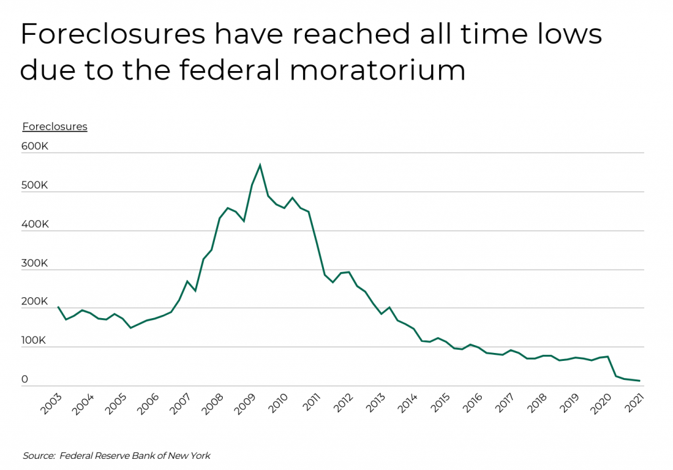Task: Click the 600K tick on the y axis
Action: (35, 147)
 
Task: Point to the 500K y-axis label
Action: (35, 185)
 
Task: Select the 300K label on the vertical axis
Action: (35, 263)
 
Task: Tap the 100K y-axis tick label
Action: (35, 341)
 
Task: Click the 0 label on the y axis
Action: (25, 379)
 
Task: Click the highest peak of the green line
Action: (260, 164)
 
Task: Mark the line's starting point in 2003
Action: (58, 307)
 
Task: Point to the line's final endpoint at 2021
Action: (639, 381)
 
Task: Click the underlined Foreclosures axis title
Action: (55, 126)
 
